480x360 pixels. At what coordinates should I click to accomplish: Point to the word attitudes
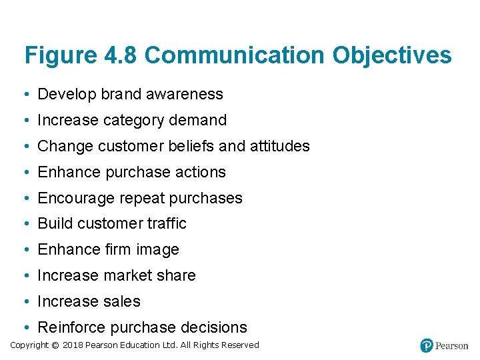coord(279,146)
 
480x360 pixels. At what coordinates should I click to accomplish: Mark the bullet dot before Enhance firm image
coord(25,250)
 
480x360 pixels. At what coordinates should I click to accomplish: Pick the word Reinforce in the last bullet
coord(71,327)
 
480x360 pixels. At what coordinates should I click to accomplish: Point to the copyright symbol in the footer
coord(55,345)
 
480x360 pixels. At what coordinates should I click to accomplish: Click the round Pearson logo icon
coord(427,345)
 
